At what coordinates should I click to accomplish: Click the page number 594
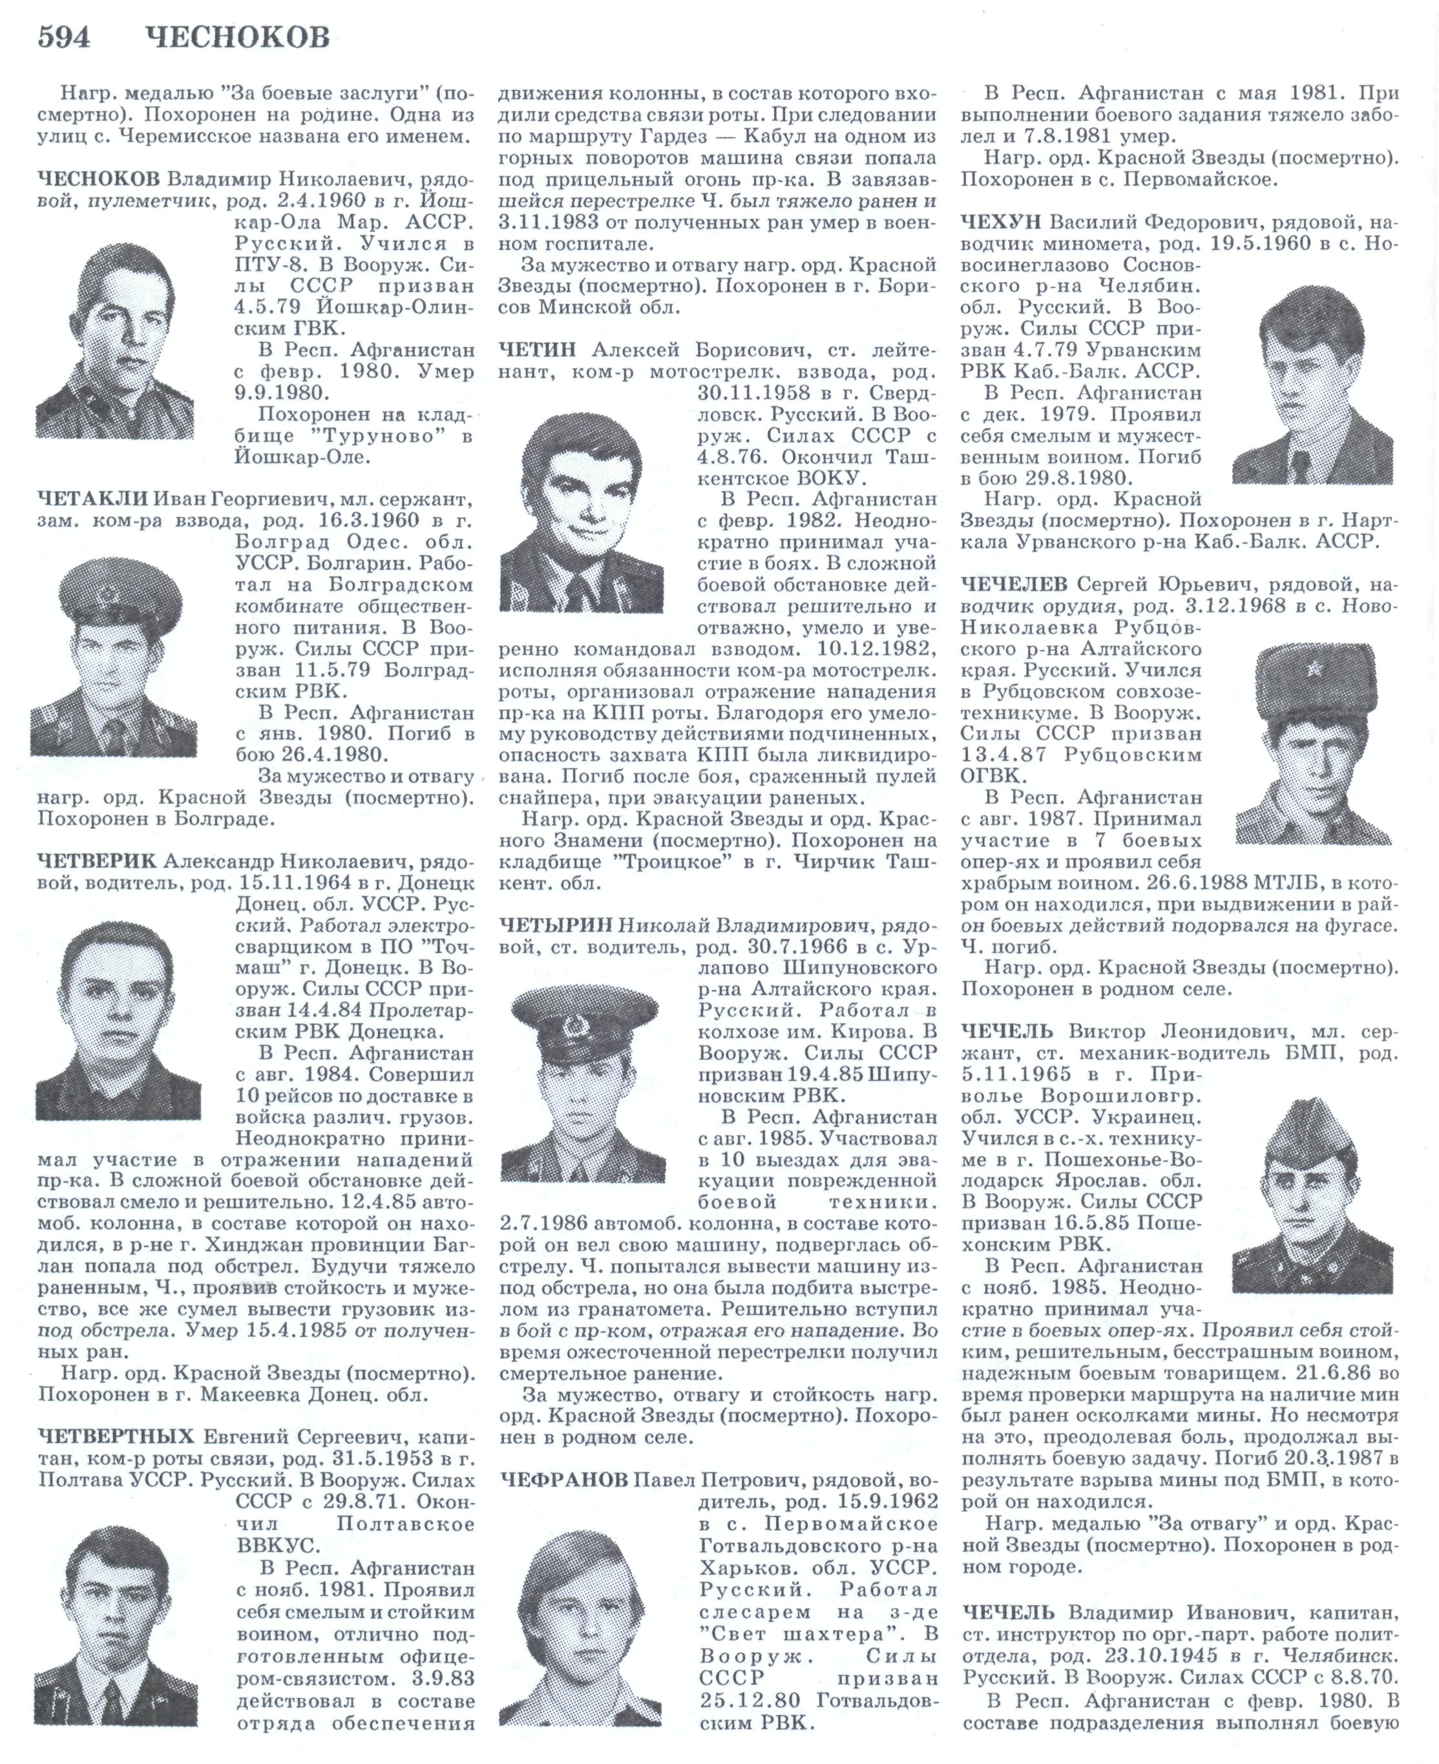(x=64, y=37)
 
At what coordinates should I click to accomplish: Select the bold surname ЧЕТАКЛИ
(x=92, y=499)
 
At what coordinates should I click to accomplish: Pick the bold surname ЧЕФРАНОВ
(x=563, y=1480)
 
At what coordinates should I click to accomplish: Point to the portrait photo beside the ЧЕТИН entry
(x=583, y=513)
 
